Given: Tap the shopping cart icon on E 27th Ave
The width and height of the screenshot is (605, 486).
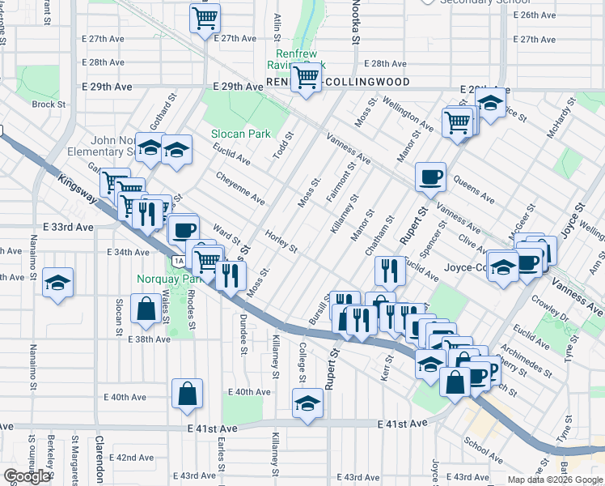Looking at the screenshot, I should pos(205,17).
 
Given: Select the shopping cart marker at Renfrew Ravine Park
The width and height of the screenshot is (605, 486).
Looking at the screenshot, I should pos(306,79).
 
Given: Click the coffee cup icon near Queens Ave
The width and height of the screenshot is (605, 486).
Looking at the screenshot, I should pos(430,176).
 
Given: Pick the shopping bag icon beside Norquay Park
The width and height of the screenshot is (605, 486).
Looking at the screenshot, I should pos(146,309).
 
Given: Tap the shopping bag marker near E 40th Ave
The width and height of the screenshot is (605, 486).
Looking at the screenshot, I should pos(187,394).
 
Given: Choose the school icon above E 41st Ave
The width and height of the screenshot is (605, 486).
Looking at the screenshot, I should pos(307,403).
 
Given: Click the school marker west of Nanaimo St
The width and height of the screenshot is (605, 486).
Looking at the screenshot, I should pos(58,283).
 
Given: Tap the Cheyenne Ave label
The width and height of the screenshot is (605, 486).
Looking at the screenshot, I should pos(240,188).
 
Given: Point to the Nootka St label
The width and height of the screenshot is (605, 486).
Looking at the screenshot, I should pos(353,20).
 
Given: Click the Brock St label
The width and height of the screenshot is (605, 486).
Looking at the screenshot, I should pos(48,104).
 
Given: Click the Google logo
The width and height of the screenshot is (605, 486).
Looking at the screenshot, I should pos(27,476).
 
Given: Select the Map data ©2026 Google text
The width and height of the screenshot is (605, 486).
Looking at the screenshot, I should pos(555,480).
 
